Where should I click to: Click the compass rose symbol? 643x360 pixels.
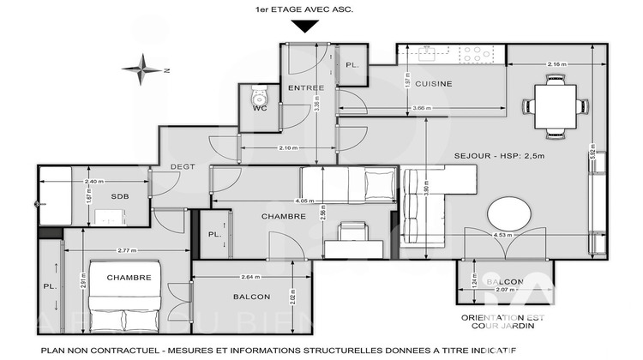(142, 67)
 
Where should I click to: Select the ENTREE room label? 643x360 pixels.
(304, 88)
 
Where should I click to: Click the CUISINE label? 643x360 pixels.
(434, 84)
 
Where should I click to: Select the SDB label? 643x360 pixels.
(119, 197)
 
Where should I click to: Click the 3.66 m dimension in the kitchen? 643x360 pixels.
(422, 108)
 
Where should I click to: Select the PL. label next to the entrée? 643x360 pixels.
(352, 66)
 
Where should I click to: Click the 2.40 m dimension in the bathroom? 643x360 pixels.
(93, 182)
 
